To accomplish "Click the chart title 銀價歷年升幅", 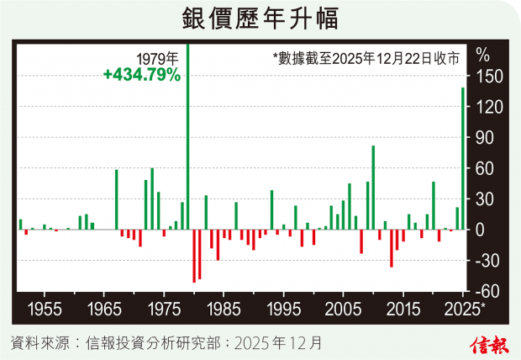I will (260, 19).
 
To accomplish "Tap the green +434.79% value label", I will (142, 76).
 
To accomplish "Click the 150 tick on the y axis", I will (491, 77).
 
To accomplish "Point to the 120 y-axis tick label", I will (491, 107).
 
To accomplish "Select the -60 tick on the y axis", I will (491, 291).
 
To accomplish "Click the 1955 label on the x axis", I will (44, 307).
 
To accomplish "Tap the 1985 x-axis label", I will (224, 307).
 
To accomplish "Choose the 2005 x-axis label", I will (343, 307).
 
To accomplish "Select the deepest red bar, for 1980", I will (194, 256).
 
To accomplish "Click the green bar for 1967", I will (117, 199).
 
